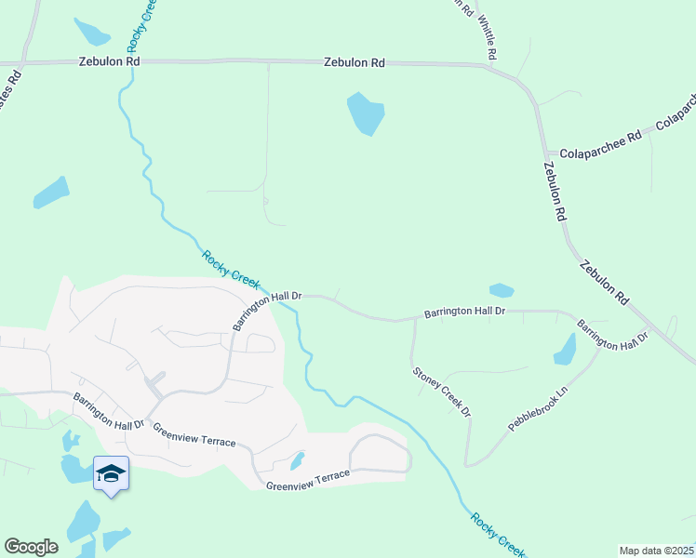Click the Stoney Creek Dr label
[x=442, y=391]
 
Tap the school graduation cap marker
[x=111, y=474]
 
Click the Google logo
[x=31, y=547]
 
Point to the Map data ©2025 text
[x=656, y=551]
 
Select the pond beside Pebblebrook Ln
[x=565, y=349]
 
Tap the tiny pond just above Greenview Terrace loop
[x=297, y=460]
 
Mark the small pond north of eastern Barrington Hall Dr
[x=502, y=290]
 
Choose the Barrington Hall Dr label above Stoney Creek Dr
[x=464, y=312]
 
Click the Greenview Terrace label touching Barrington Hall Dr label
[x=194, y=433]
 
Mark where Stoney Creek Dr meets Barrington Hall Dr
[x=413, y=321]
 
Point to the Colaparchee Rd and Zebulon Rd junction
[x=541, y=152]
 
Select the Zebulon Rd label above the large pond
[x=354, y=63]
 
